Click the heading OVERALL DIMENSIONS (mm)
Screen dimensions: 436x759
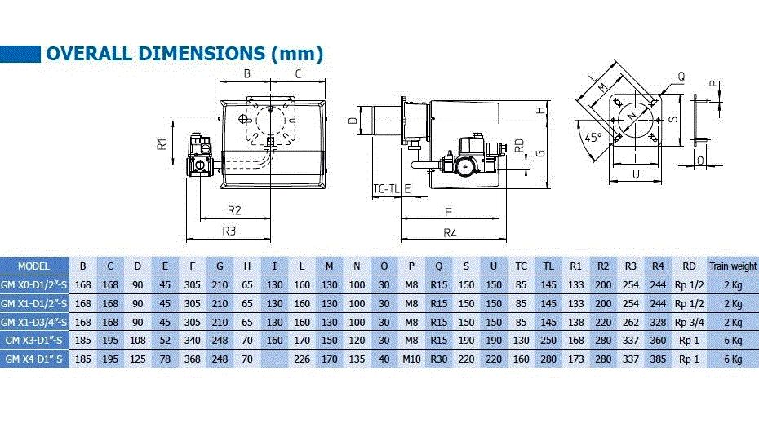click(x=184, y=54)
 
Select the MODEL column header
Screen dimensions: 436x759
click(x=33, y=266)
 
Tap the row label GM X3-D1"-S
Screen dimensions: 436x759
click(x=34, y=340)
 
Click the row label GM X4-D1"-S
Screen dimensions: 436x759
click(x=34, y=359)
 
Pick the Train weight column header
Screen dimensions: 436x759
click(x=732, y=266)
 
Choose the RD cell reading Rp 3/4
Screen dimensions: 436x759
click(x=689, y=322)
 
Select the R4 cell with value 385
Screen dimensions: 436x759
click(x=658, y=359)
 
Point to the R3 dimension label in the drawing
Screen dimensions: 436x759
click(x=230, y=231)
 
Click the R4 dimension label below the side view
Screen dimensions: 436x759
click(x=450, y=233)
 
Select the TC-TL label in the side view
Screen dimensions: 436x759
click(x=387, y=189)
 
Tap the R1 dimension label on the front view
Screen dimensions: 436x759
click(x=163, y=144)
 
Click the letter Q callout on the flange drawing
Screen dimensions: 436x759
click(x=680, y=76)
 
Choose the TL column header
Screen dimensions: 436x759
click(x=548, y=266)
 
